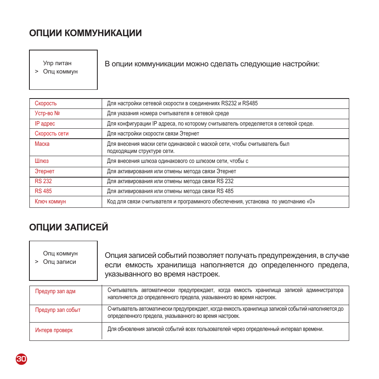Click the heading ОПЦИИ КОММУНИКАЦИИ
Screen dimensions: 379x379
coord(85,33)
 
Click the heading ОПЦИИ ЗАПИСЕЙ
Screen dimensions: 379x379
coord(68,227)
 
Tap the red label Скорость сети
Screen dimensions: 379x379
coord(52,133)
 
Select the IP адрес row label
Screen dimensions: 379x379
coord(45,124)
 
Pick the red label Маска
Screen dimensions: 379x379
coord(42,144)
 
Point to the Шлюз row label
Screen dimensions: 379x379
coord(42,161)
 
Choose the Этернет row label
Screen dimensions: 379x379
coord(44,171)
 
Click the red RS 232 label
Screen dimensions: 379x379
coord(43,181)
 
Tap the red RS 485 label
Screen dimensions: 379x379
coord(43,191)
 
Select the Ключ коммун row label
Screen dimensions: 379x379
coord(50,201)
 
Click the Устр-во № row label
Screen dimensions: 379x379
coord(47,113)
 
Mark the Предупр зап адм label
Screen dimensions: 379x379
coord(55,291)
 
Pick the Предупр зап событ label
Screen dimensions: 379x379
coord(58,310)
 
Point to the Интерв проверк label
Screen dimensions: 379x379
coord(54,330)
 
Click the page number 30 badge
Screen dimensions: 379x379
coord(21,359)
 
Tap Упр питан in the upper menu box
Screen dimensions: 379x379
coord(57,63)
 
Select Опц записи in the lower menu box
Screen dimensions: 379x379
coord(60,262)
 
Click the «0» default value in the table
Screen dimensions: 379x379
coord(310,201)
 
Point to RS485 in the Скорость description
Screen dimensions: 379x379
coord(250,103)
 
